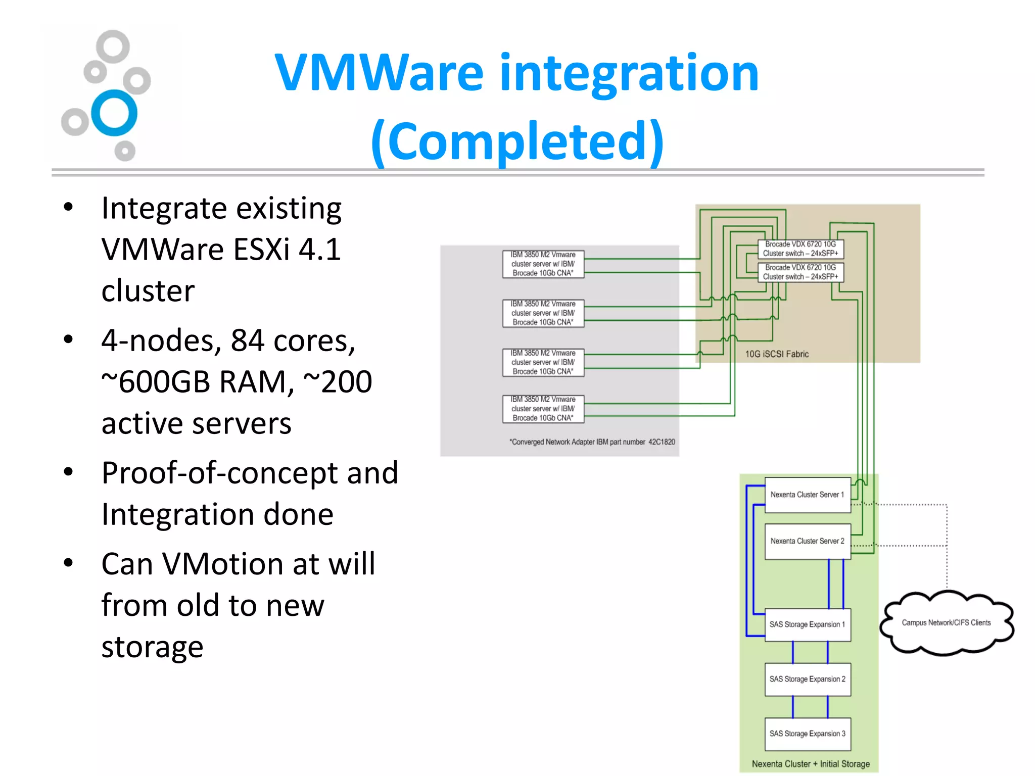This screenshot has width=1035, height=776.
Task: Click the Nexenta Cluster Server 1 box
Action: [x=807, y=495]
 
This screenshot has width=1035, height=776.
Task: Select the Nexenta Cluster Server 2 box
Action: [x=807, y=541]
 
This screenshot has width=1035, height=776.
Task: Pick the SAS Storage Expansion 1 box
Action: [x=807, y=624]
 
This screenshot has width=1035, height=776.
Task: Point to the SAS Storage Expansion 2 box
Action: [x=807, y=679]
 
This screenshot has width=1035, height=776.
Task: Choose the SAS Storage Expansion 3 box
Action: [x=807, y=734]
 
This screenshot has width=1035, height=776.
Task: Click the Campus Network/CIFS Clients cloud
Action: [x=946, y=623]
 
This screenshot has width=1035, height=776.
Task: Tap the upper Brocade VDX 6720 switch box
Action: [x=801, y=249]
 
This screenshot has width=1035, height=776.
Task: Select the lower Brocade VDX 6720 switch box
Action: [x=801, y=272]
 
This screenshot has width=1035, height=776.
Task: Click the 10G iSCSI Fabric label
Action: [x=777, y=354]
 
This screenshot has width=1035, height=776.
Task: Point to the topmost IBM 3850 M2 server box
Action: [x=543, y=264]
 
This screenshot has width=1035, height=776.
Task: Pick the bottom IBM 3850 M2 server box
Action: [x=543, y=409]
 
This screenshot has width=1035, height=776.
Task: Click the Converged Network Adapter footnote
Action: [x=592, y=442]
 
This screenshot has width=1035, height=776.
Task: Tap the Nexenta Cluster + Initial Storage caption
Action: [x=811, y=764]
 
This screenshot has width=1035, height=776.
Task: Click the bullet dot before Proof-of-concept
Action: [x=69, y=472]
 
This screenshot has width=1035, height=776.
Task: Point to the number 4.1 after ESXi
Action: [x=319, y=249]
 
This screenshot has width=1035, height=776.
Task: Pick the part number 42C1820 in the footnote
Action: [x=662, y=442]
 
